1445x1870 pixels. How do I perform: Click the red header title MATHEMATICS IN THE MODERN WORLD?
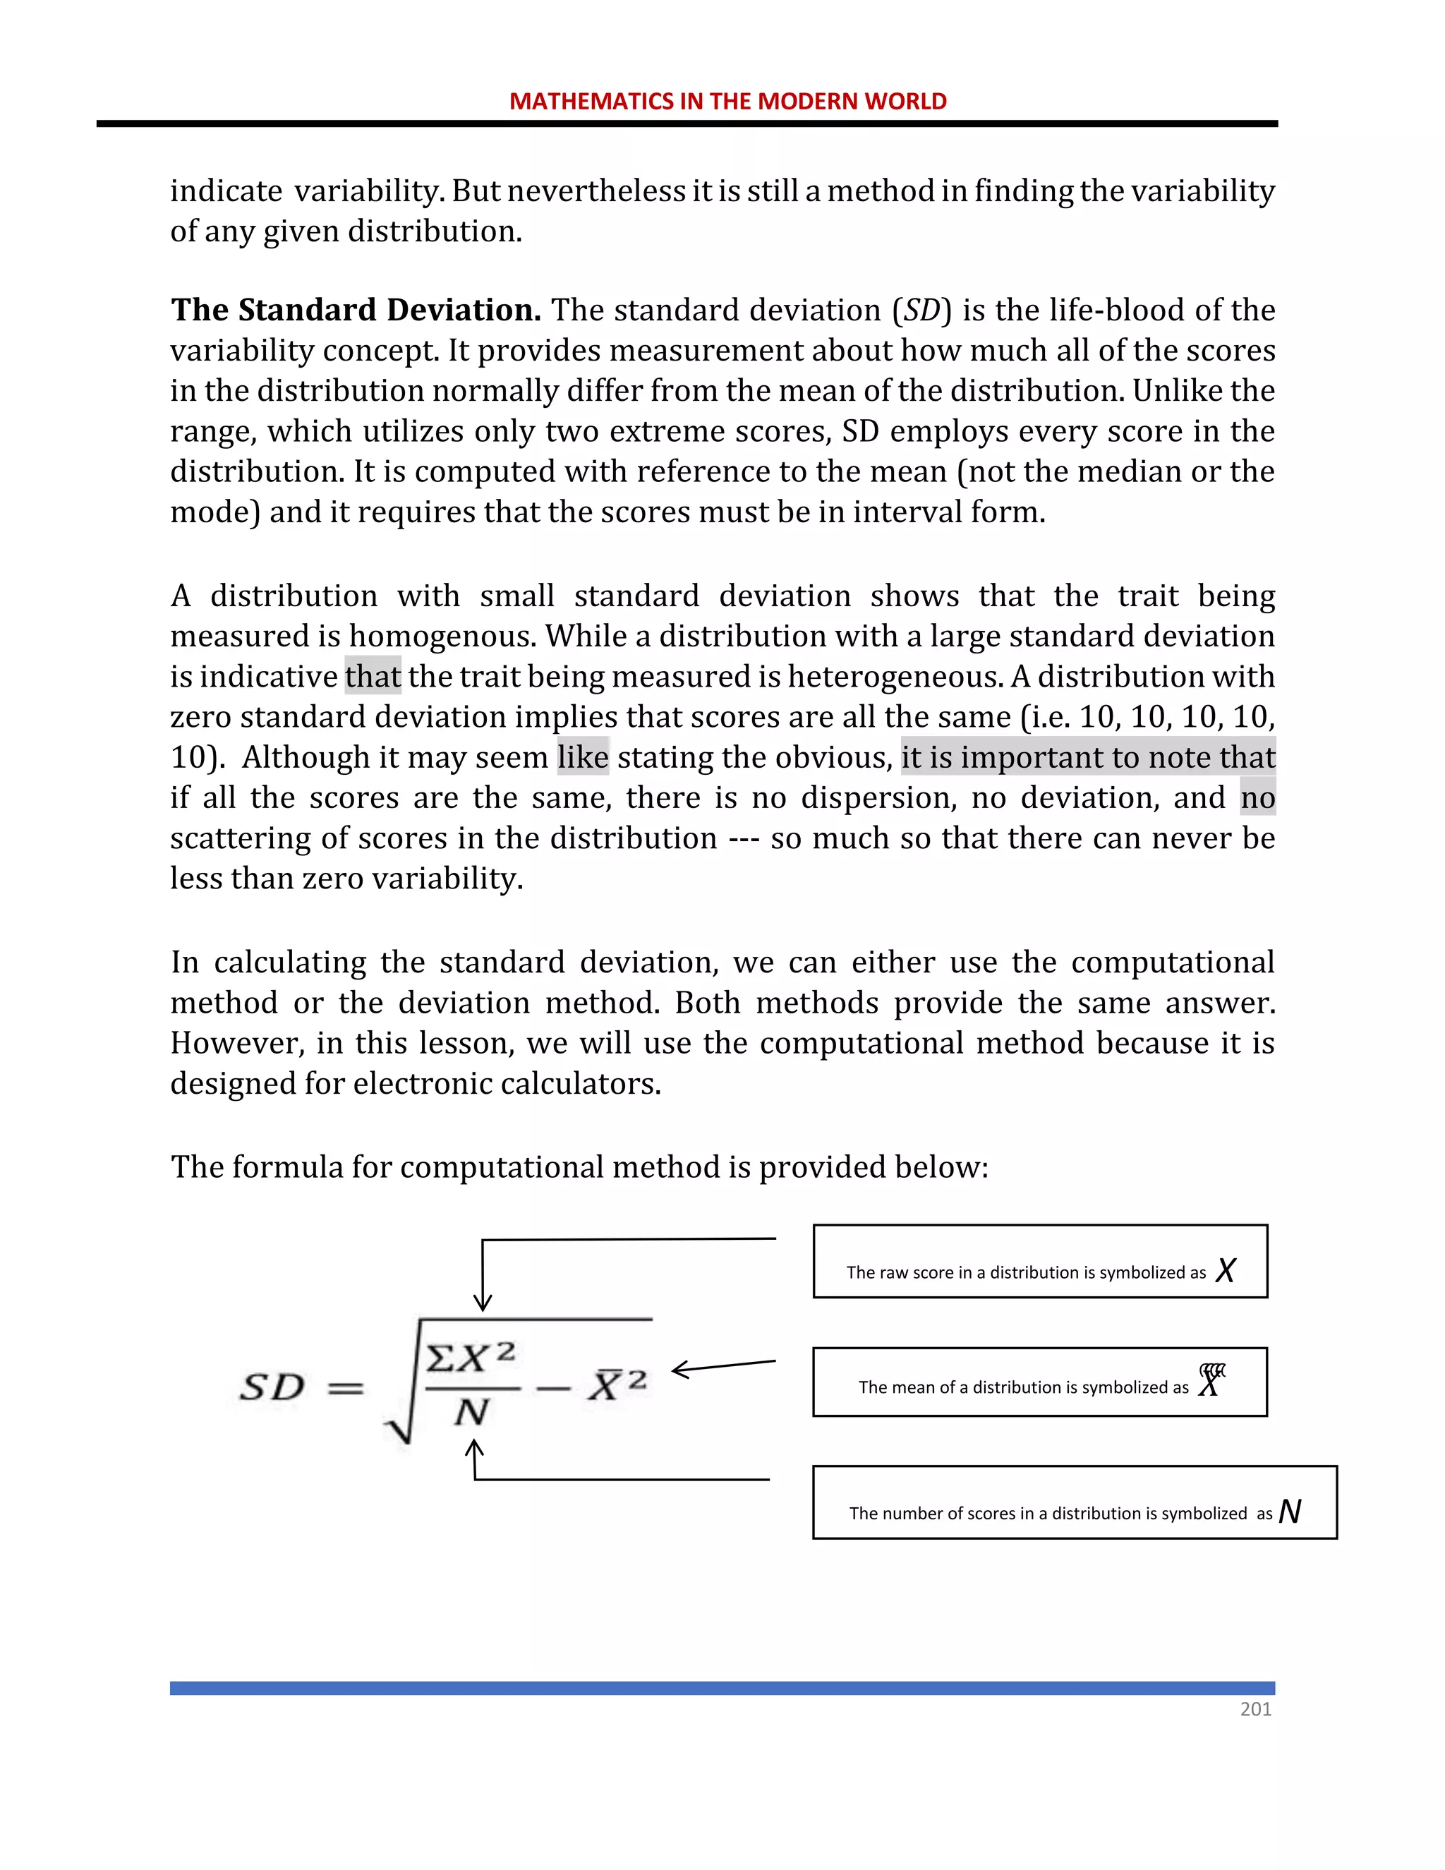click(x=727, y=101)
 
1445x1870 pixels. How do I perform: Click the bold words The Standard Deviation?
click(x=356, y=310)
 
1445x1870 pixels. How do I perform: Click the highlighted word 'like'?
click(x=582, y=757)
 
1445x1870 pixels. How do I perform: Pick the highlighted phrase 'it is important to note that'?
click(x=1087, y=757)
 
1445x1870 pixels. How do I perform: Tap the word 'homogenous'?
click(x=442, y=637)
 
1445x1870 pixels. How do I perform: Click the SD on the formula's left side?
click(x=272, y=1387)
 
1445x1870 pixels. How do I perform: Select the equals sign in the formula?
click(x=346, y=1388)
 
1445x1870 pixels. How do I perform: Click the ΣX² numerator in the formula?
click(x=471, y=1357)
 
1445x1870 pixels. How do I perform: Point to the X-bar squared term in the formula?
click(x=617, y=1384)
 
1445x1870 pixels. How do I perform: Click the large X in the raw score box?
click(x=1225, y=1269)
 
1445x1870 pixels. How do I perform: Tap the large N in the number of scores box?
click(x=1289, y=1512)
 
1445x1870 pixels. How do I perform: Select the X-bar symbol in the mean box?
click(x=1209, y=1380)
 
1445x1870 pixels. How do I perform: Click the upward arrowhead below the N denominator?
click(x=474, y=1447)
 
